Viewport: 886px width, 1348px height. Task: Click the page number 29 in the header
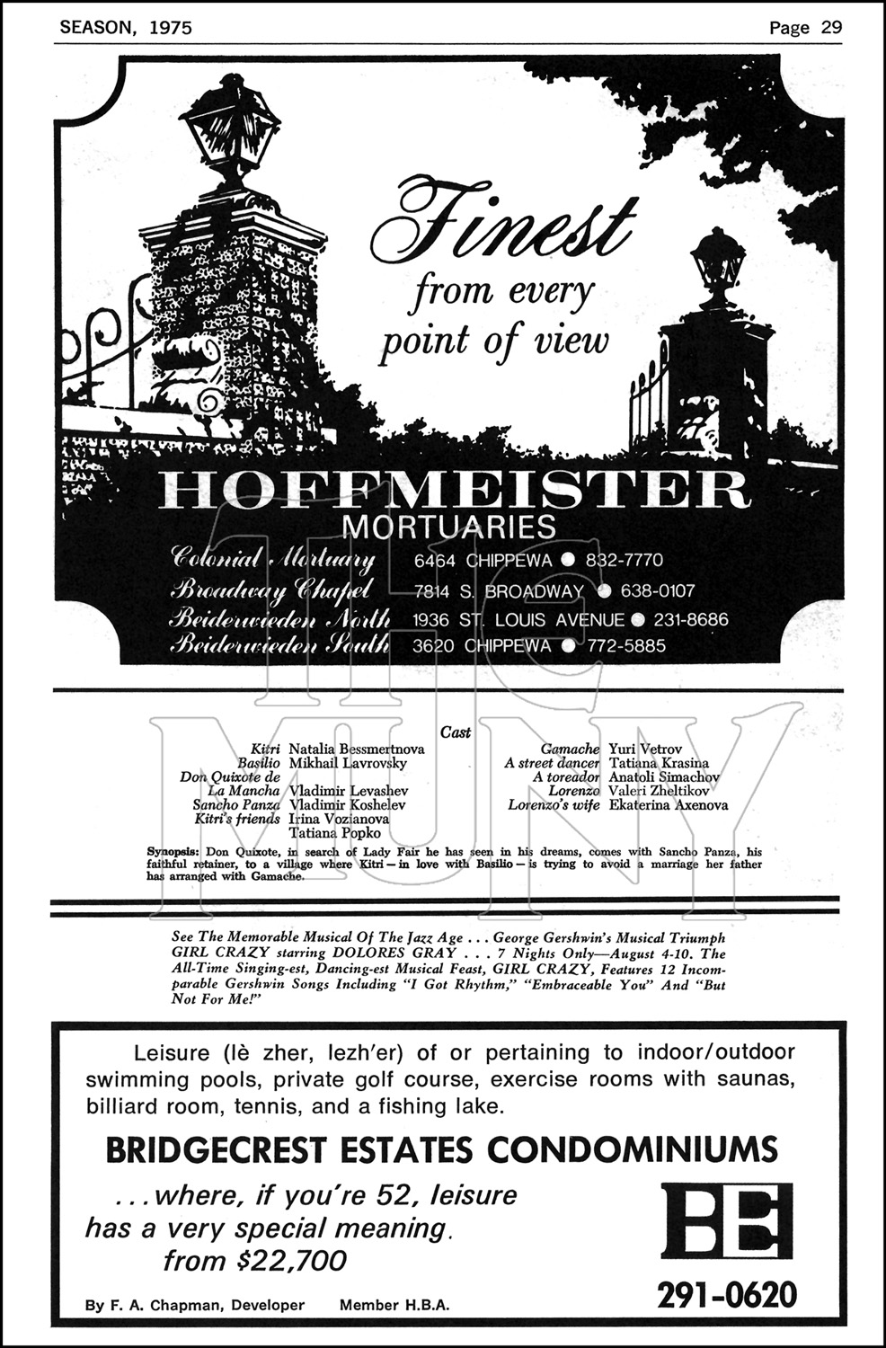pos(830,27)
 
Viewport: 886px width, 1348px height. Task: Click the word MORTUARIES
pos(450,526)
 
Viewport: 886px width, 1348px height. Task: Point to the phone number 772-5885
pos(626,646)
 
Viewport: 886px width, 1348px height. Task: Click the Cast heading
pos(456,732)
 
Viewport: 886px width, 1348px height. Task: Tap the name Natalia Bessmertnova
pos(357,749)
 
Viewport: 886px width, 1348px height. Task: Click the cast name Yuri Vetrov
pos(645,749)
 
